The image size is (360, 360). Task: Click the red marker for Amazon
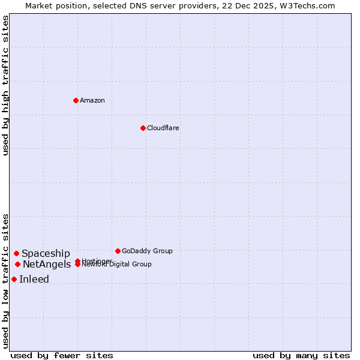point(76,100)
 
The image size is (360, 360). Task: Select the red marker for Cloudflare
point(143,128)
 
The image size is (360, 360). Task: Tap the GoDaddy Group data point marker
point(118,251)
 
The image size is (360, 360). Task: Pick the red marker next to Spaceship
point(16,253)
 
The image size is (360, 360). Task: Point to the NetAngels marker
point(17,264)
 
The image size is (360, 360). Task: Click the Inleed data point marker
point(14,279)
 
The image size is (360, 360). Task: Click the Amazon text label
point(92,100)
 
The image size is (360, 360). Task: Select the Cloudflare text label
point(163,128)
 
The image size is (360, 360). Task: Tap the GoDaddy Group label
point(147,251)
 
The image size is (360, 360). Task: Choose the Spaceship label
point(46,253)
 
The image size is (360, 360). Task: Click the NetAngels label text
point(47,264)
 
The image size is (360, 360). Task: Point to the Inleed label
point(34,279)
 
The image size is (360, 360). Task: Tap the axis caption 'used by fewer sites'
point(62,355)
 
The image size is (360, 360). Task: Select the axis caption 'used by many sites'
point(301,355)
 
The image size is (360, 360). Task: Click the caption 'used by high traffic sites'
point(5,85)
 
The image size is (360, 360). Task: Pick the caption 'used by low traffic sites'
point(5,280)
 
